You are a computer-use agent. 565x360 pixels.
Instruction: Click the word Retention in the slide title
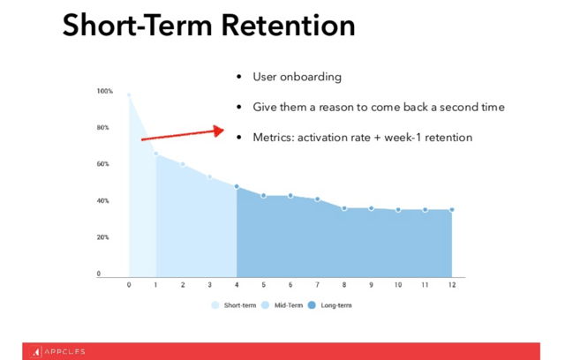coord(289,26)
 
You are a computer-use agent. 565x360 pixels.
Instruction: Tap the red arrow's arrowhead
coord(218,131)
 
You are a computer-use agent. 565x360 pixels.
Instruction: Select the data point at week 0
coord(129,95)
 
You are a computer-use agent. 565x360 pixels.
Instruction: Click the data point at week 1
coord(155,154)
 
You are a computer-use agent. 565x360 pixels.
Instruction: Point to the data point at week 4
coord(237,186)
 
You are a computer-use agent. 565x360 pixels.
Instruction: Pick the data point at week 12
coord(452,209)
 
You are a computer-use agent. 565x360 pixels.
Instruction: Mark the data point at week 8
coord(344,208)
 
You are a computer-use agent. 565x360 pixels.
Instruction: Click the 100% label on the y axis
coord(104,91)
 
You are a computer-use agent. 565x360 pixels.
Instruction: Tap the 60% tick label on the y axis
coord(102,164)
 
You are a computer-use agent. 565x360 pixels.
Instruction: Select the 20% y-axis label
coord(102,237)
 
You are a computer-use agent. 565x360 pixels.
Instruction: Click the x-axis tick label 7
coord(317,285)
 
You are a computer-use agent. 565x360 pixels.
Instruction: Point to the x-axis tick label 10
coord(398,285)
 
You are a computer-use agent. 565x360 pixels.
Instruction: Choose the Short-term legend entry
coord(233,305)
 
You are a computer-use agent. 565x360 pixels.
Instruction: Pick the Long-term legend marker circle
coord(312,305)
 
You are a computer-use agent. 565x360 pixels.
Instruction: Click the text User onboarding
coord(297,77)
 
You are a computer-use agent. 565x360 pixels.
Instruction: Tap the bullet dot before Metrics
coord(239,138)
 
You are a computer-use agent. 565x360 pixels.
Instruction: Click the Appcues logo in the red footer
coord(57,352)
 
